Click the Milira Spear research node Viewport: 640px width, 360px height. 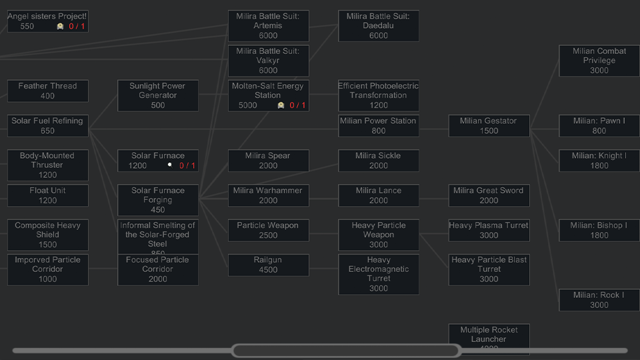click(x=268, y=161)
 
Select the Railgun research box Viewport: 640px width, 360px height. click(x=268, y=265)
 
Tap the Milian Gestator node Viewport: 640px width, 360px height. click(x=489, y=126)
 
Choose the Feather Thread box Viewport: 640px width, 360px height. click(x=47, y=91)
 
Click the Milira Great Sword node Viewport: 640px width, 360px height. click(x=489, y=195)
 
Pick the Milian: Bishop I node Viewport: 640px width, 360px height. click(x=599, y=230)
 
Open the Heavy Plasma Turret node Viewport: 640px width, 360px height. click(x=489, y=230)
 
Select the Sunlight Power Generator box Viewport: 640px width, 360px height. click(x=158, y=95)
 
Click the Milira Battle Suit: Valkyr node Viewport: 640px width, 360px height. click(x=268, y=61)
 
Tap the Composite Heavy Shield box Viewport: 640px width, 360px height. click(x=47, y=235)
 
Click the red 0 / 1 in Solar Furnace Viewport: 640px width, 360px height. click(x=187, y=166)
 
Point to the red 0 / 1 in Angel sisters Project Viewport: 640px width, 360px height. click(x=77, y=27)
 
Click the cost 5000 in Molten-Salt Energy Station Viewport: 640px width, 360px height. click(x=247, y=105)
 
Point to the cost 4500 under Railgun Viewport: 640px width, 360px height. click(x=268, y=270)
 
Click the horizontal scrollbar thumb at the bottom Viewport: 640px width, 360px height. click(x=345, y=351)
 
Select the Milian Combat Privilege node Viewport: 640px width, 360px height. click(x=599, y=61)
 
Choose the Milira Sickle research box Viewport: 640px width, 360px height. click(x=378, y=161)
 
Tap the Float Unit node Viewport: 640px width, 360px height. click(x=47, y=195)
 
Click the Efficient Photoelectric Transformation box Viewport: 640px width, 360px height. click(x=378, y=95)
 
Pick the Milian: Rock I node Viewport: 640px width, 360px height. click(x=599, y=300)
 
